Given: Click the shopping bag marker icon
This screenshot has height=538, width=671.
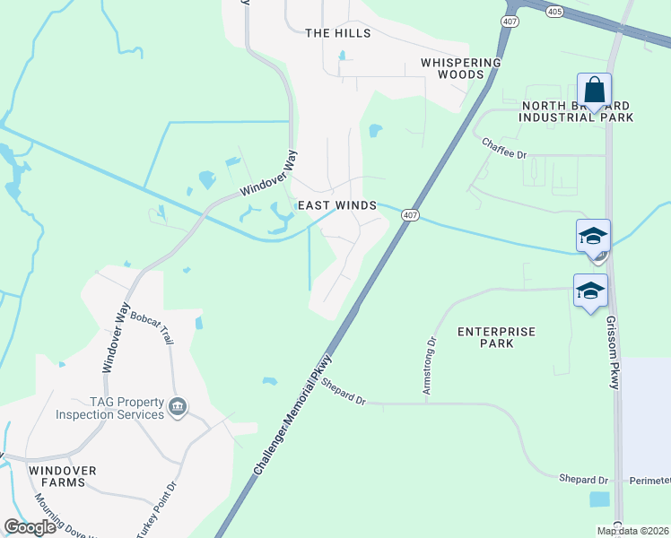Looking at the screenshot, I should click(594, 91).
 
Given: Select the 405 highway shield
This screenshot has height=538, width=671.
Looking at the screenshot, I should click(553, 11).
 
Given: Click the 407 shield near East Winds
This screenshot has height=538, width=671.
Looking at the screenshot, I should click(410, 215).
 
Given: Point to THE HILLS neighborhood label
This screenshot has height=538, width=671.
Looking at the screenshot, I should click(337, 33).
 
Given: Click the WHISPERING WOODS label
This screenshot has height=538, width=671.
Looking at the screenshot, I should click(461, 69).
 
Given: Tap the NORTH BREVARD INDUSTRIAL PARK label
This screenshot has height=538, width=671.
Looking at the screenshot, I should click(578, 111).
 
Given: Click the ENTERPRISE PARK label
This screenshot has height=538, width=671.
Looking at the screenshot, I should click(496, 337).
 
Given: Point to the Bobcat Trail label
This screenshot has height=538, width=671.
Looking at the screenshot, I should click(151, 325).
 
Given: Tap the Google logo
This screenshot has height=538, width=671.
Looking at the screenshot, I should click(30, 527).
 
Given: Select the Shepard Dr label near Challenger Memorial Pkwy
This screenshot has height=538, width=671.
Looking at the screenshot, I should click(344, 393).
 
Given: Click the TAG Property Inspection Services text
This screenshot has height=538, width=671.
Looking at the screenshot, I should click(110, 408).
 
